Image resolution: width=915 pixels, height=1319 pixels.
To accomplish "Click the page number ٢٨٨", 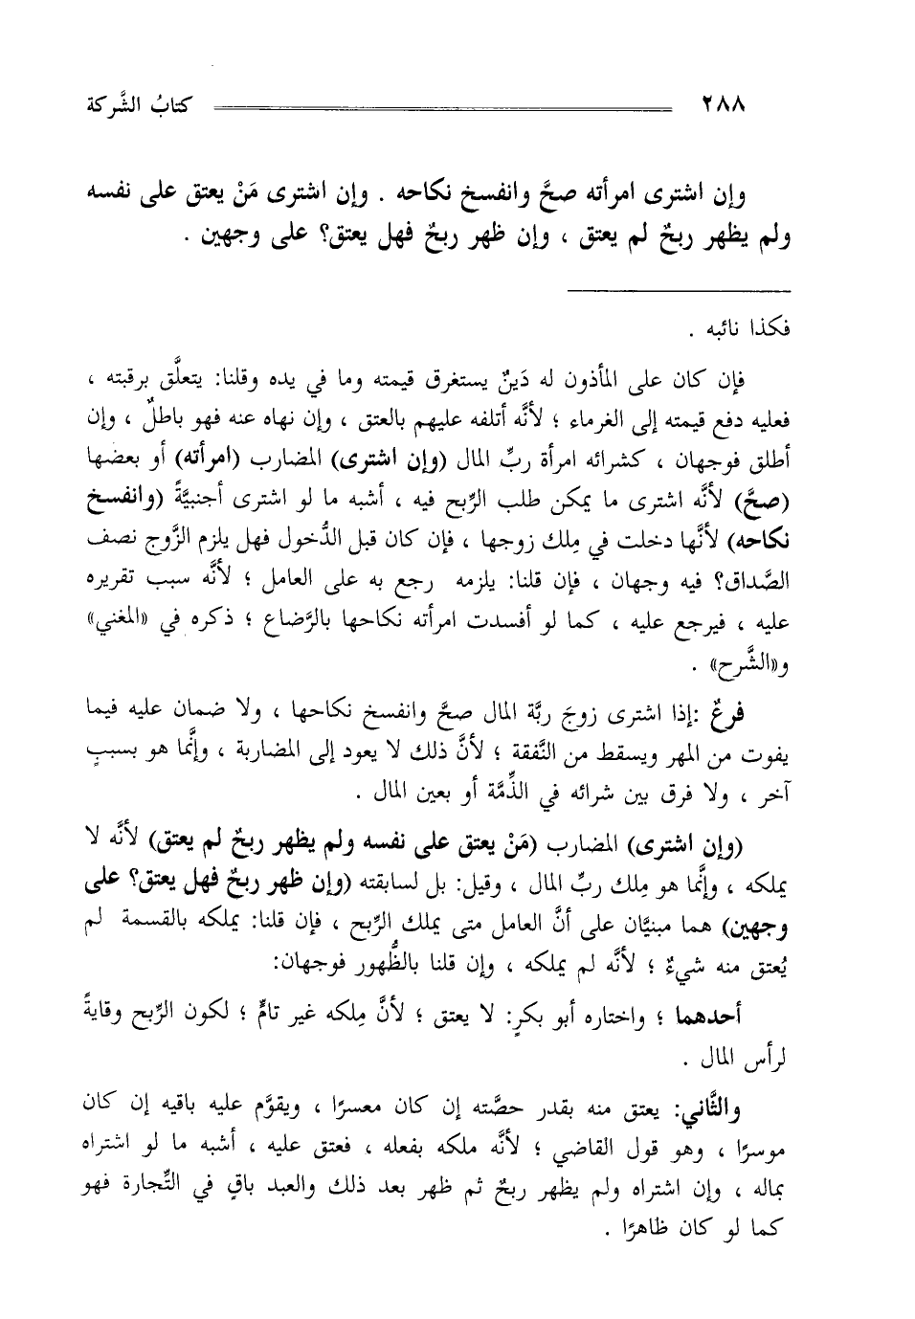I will (x=724, y=101).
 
